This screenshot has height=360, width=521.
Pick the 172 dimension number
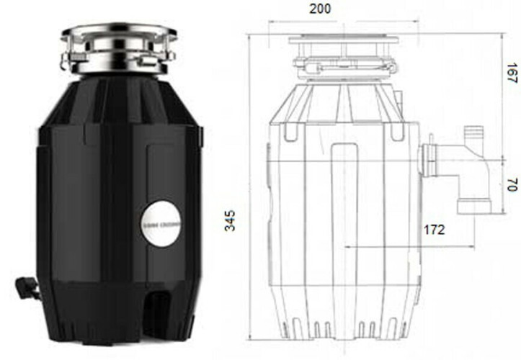[433, 230]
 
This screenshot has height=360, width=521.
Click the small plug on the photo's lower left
[27, 288]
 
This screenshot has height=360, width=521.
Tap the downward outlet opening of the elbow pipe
[473, 207]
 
